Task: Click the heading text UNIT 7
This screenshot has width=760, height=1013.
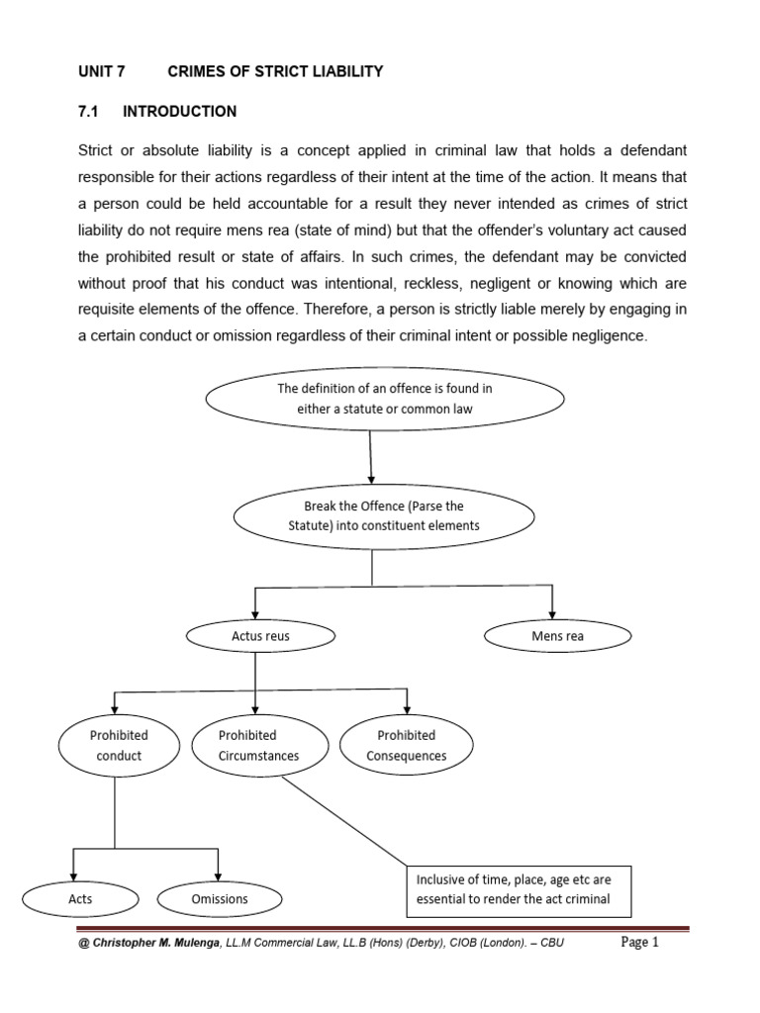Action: click(x=101, y=72)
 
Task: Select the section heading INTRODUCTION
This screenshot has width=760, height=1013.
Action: click(x=179, y=111)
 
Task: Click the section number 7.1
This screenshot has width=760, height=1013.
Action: click(x=91, y=111)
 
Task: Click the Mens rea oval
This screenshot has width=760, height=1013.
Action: click(x=556, y=636)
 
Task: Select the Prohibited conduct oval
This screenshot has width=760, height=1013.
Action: click(x=119, y=746)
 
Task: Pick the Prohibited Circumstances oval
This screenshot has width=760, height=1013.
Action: click(x=258, y=746)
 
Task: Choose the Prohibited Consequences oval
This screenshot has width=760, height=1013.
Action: click(x=406, y=746)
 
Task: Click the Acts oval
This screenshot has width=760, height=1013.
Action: click(x=80, y=899)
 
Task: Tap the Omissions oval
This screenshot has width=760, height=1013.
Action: click(x=219, y=899)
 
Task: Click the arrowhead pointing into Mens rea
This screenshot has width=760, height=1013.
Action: click(x=552, y=614)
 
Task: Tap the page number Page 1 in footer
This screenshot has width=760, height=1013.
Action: click(x=639, y=943)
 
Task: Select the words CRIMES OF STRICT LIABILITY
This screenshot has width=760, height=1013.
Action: click(x=275, y=72)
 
